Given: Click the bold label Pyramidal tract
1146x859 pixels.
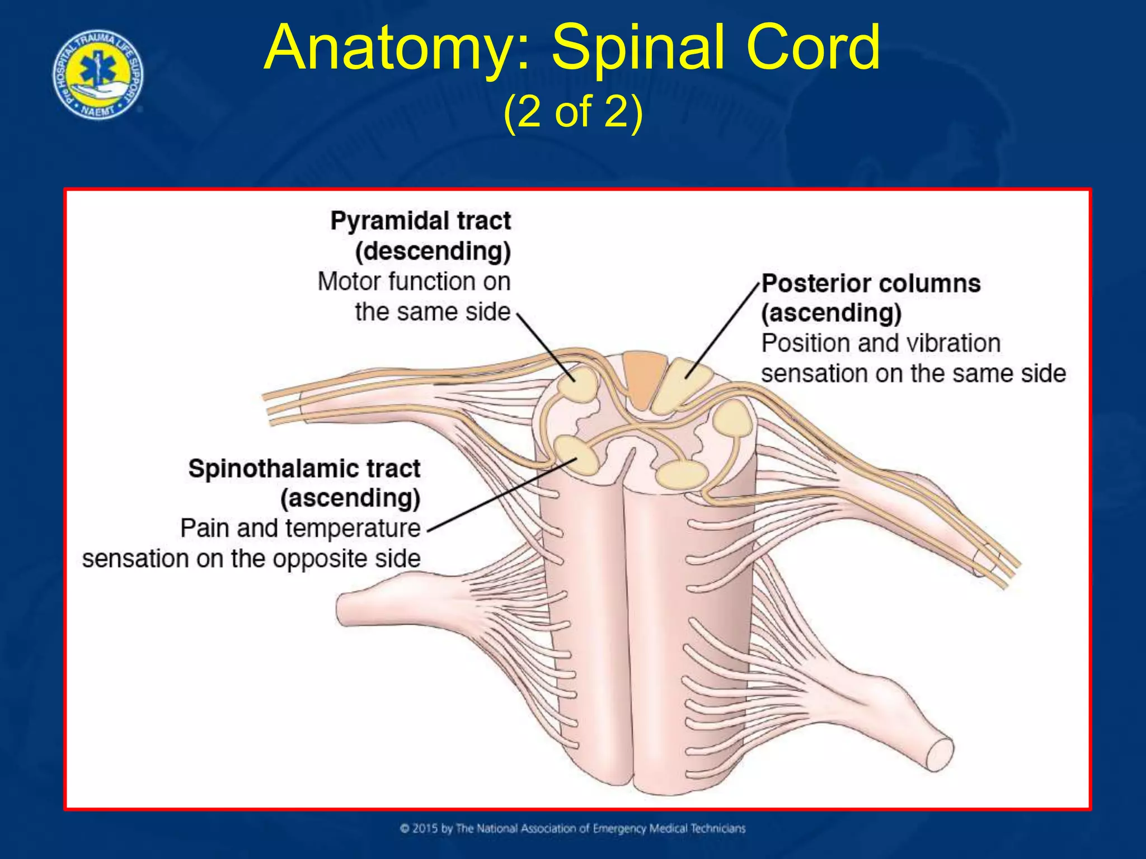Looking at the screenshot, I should pos(420,221).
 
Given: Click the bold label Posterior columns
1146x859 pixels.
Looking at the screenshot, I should pos(871,284).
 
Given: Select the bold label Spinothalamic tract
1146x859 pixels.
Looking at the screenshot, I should pos(304,469).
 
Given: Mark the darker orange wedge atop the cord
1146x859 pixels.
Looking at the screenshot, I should pos(642,377).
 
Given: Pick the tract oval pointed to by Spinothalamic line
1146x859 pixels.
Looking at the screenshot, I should pos(575,454).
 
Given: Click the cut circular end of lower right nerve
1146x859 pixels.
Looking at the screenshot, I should pos(940,754).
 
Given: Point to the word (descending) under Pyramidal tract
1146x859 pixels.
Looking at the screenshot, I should pos(433,251).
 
